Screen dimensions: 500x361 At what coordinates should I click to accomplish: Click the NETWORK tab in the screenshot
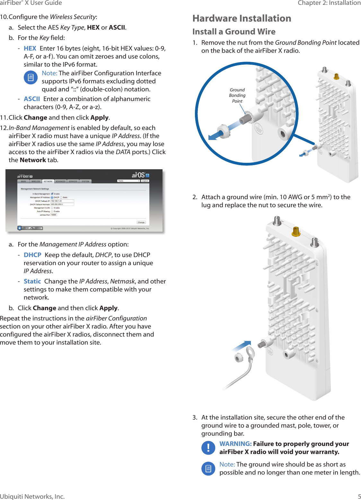48,181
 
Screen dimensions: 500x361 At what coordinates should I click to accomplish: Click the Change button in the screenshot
141,222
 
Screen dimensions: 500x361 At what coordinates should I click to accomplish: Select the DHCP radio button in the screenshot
52,198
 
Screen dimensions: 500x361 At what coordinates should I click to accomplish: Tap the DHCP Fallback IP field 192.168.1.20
62,201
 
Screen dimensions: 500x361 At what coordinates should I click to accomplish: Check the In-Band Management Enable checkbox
52,194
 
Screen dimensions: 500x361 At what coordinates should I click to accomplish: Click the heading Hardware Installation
242,18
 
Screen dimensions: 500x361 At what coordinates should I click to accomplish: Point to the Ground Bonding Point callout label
237,95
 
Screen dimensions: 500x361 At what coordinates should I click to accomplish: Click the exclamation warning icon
208,448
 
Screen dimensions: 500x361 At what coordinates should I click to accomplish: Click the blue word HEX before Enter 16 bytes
30,48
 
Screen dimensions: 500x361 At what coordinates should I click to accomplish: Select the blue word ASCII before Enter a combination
32,99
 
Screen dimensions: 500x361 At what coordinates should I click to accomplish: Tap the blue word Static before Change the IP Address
32,281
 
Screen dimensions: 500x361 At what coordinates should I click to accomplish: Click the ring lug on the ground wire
250,351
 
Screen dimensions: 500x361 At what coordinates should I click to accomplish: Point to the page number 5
359,496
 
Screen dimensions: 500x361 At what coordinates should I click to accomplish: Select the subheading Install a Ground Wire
233,32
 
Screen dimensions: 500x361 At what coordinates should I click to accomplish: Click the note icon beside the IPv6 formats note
31,78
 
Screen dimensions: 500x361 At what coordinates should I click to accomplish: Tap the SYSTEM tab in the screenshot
85,181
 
